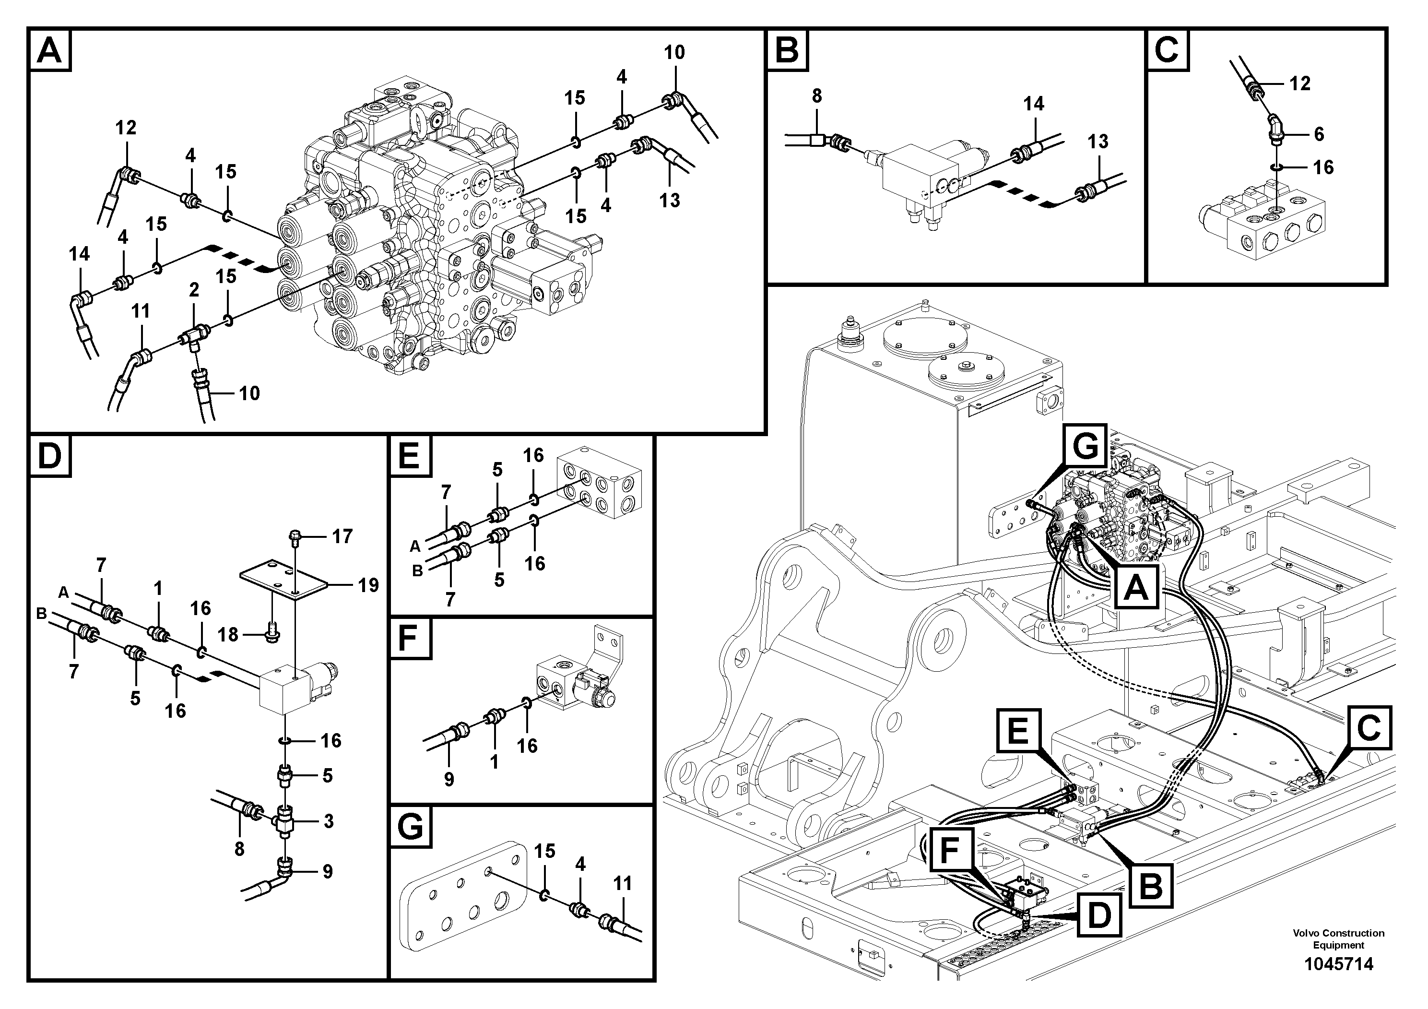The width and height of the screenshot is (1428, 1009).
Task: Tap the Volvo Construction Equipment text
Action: tap(1338, 938)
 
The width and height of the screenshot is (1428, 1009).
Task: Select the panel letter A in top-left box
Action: tap(50, 50)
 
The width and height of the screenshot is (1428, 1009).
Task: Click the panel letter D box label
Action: tap(50, 456)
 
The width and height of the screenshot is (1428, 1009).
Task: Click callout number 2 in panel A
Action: tap(194, 289)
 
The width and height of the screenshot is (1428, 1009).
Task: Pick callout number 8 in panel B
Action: tap(816, 96)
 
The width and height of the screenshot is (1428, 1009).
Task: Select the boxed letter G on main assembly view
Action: tap(1086, 447)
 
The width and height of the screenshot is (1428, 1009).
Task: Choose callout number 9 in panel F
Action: tap(449, 779)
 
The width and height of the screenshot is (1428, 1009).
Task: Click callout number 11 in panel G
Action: tap(622, 883)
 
